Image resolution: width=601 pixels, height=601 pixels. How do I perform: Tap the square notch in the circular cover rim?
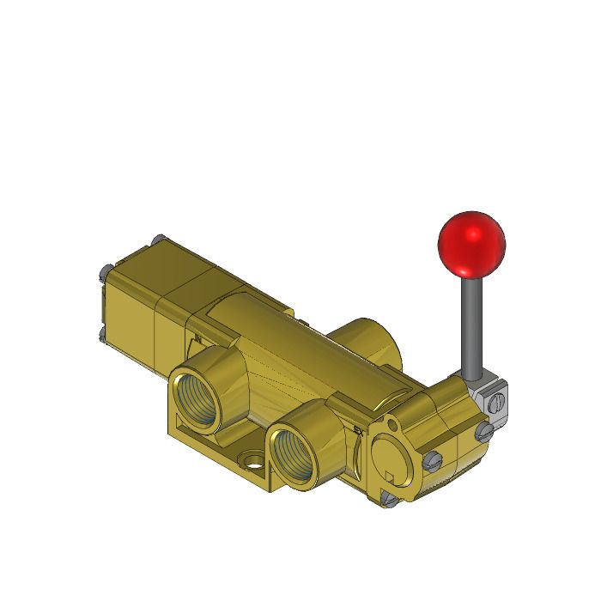pos(389,476)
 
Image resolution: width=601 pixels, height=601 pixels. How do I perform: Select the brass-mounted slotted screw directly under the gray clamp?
pos(484,431)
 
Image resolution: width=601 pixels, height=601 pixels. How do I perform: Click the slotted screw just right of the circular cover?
pos(433,461)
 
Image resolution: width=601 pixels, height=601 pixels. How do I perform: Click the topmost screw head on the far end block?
pos(157,240)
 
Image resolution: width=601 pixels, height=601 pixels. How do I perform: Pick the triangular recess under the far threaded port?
pos(181,422)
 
